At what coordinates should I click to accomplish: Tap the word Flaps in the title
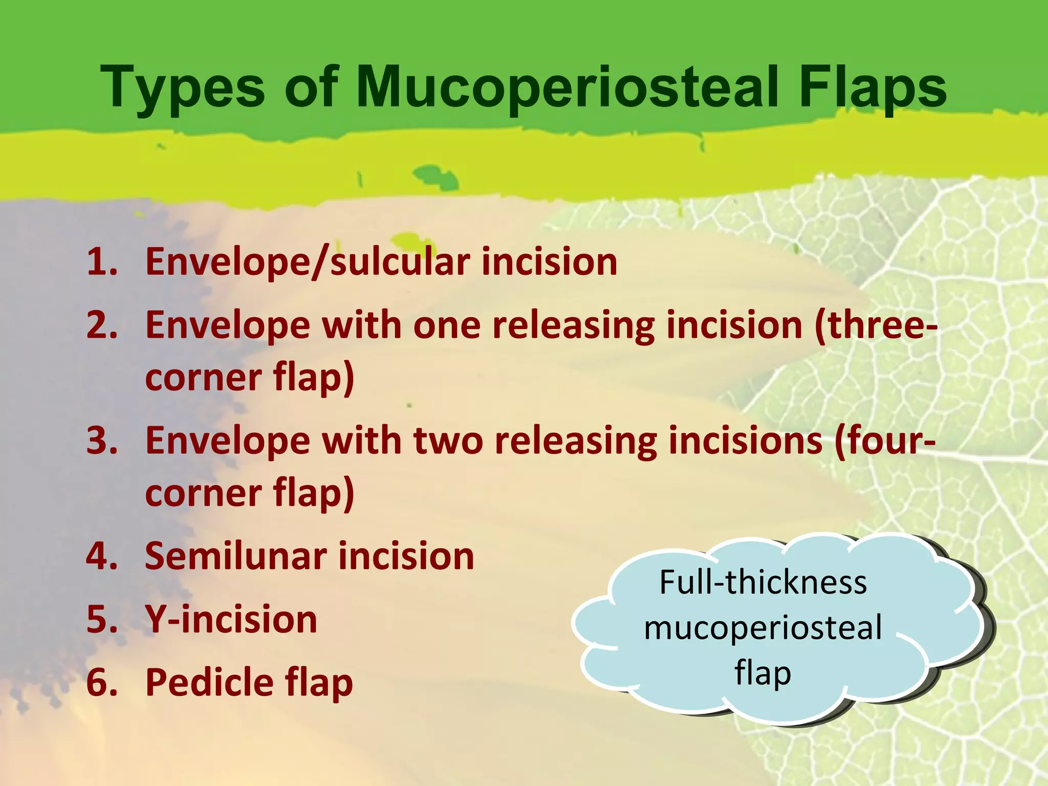(x=872, y=88)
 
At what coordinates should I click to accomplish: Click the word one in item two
(x=447, y=326)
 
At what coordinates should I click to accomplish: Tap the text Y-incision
(x=231, y=620)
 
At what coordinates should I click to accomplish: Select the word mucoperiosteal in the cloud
(x=763, y=628)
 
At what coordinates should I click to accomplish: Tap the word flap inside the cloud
(x=763, y=673)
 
